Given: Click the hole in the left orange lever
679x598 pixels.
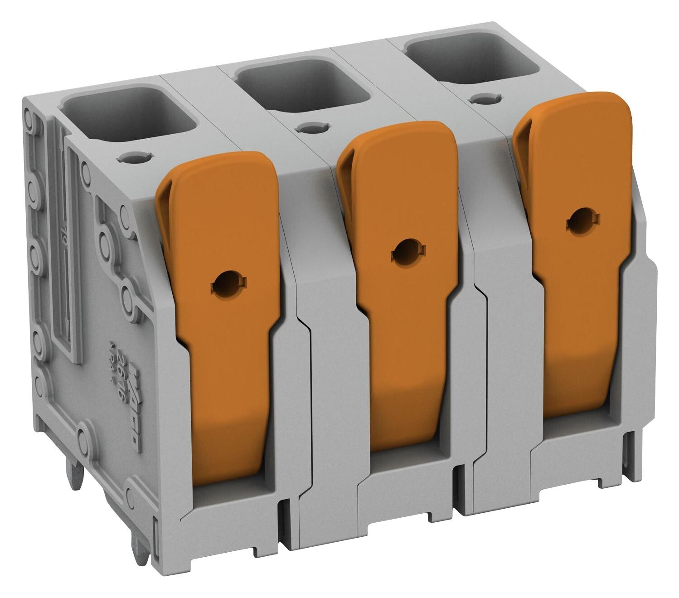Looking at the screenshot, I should pyautogui.click(x=223, y=286).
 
